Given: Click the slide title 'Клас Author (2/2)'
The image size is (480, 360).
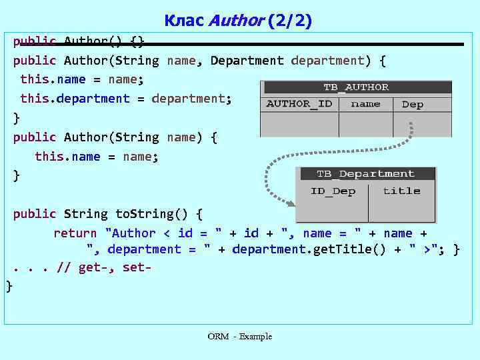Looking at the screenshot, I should [x=238, y=21].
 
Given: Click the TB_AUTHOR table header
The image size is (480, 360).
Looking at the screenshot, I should [x=356, y=87].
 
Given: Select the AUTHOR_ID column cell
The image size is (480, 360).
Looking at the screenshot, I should [x=299, y=104].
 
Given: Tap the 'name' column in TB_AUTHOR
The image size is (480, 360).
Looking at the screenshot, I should [x=365, y=104].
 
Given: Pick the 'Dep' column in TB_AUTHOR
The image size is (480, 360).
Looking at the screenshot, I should [x=413, y=105].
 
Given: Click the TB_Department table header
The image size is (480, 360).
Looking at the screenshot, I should [x=365, y=174].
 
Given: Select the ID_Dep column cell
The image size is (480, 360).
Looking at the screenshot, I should [x=333, y=191].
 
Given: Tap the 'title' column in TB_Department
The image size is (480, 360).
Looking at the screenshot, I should [x=401, y=191].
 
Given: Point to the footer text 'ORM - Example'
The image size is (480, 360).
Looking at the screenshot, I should [x=239, y=337].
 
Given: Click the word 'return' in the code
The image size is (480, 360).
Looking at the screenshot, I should [x=75, y=233].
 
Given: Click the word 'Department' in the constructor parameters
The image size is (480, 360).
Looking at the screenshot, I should [x=247, y=61].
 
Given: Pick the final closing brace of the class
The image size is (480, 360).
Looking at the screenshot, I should [x=9, y=286].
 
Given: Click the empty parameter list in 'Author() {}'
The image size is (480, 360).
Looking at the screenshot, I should [x=117, y=41].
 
